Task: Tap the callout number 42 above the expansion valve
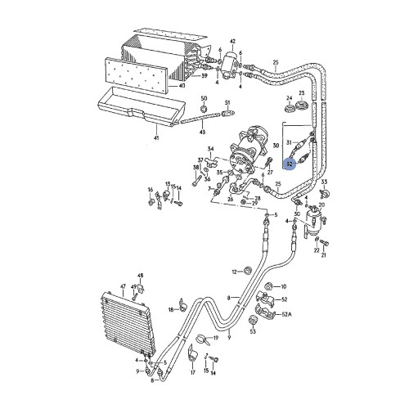click(x=232, y=41)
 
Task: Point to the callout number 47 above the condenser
click(x=123, y=288)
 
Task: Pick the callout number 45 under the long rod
click(x=203, y=134)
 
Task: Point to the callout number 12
click(x=234, y=272)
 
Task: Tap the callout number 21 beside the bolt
click(x=323, y=255)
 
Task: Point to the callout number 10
click(x=284, y=287)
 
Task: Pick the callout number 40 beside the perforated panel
click(x=182, y=85)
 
